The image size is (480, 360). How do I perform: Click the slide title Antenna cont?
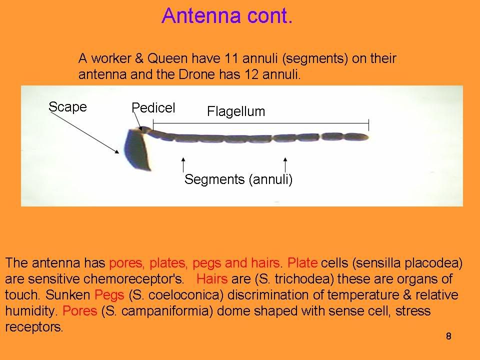click(x=227, y=16)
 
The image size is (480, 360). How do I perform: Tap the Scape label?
click(x=67, y=107)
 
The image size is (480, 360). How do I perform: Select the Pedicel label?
click(x=153, y=108)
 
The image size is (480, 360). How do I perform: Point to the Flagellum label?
click(x=236, y=111)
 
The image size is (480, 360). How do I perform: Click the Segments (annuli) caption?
click(x=238, y=179)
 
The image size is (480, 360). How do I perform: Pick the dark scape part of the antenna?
click(x=138, y=150)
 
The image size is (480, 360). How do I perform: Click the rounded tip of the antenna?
click(x=366, y=137)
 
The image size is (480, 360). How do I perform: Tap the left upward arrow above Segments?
click(x=183, y=164)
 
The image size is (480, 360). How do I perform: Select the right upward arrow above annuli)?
click(x=285, y=164)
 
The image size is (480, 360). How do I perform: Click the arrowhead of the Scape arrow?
click(x=117, y=151)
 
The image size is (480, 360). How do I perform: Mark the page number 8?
click(x=448, y=336)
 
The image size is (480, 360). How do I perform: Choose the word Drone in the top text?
click(x=194, y=74)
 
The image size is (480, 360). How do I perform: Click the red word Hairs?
click(x=212, y=279)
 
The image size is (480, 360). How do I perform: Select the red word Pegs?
click(x=109, y=295)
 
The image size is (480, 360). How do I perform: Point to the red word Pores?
click(x=79, y=311)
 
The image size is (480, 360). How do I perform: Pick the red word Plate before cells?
click(x=302, y=263)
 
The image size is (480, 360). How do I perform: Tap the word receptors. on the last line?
click(x=34, y=327)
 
